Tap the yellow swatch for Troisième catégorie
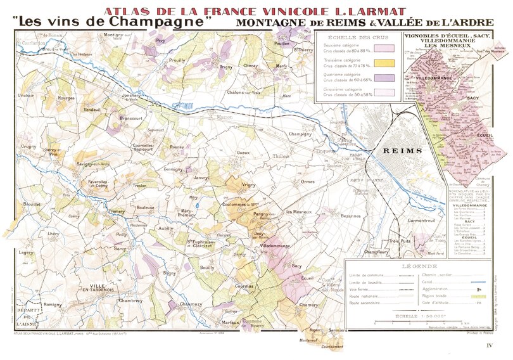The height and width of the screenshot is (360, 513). (384, 63)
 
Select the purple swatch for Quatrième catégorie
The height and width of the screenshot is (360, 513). (384, 78)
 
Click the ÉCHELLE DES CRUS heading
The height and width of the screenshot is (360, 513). (357, 37)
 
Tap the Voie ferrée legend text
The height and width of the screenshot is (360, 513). (359, 288)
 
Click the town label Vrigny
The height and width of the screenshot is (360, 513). (248, 184)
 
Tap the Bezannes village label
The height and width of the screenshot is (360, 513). (350, 216)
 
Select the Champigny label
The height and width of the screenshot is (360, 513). (301, 134)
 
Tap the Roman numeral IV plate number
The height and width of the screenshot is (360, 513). (489, 345)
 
